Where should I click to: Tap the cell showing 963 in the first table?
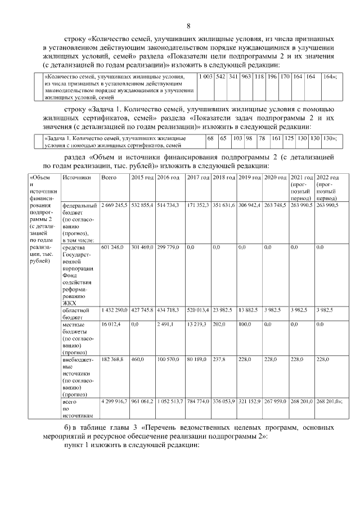[246, 75]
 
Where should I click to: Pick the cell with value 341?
[233, 75]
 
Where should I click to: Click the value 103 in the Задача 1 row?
[237, 138]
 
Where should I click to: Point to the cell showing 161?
[276, 138]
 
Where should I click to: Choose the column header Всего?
[108, 178]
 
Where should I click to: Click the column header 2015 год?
[142, 178]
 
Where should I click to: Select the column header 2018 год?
[223, 178]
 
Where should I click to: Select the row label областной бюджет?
[74, 313]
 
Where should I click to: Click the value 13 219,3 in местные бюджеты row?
[196, 325]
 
